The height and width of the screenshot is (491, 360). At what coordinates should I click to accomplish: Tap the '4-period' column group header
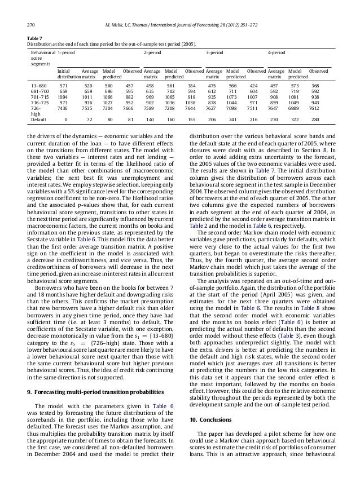(276, 51)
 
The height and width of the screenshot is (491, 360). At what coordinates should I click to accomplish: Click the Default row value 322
(294, 120)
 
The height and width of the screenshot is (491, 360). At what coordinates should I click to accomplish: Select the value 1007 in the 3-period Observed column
(253, 96)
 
